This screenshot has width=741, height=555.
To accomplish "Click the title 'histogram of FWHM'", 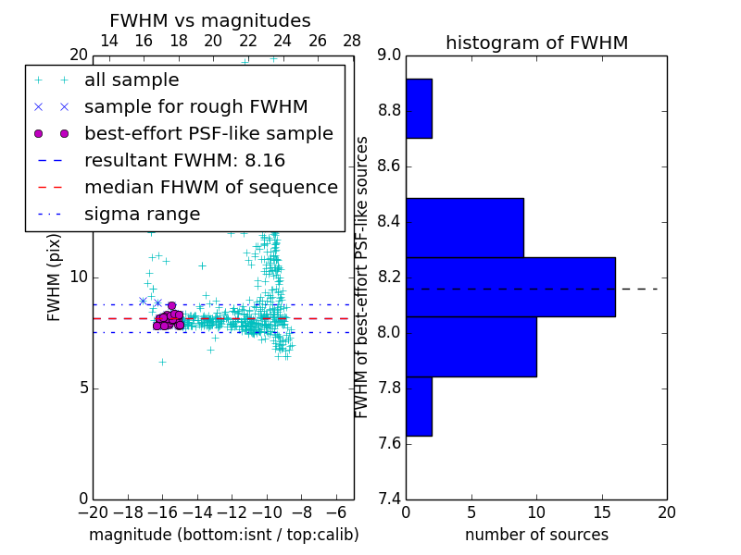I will click(536, 43).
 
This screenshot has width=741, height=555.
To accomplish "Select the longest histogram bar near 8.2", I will click(510, 287).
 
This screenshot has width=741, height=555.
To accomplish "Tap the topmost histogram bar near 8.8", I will click(419, 108).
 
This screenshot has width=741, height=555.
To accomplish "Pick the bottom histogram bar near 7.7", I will click(419, 406).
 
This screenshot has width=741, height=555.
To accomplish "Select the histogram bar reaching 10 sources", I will click(471, 347).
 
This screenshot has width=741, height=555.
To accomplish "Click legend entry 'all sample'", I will click(132, 80).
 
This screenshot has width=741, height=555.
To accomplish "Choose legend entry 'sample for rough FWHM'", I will click(195, 107).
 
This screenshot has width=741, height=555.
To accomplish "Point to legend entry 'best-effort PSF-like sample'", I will click(208, 134).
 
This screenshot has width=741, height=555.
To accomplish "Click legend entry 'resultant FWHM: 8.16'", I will click(178, 161).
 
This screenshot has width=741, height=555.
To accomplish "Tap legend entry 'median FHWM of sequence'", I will click(210, 188).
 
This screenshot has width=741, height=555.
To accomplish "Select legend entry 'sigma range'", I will click(142, 215).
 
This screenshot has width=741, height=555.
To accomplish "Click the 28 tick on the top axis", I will click(353, 41).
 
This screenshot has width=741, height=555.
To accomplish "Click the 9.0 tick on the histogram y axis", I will click(390, 55).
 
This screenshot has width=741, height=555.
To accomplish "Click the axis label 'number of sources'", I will click(536, 535).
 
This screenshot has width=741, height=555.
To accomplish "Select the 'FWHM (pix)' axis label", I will click(55, 277).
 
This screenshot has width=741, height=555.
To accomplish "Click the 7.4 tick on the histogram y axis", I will click(390, 499).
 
